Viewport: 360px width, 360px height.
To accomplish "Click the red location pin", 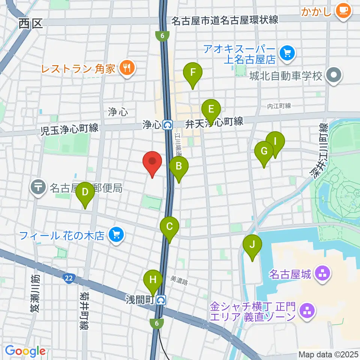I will [152, 162].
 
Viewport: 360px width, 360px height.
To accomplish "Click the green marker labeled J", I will [252, 245].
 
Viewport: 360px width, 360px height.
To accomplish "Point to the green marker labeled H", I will [153, 280].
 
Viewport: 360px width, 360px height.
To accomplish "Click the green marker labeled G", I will [264, 152].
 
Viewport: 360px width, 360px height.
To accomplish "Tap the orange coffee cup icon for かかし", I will [343, 10].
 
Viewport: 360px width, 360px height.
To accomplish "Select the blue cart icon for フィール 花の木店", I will [115, 235].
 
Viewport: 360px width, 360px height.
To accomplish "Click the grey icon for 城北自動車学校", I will [333, 75].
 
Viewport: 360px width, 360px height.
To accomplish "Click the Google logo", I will [25, 351].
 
